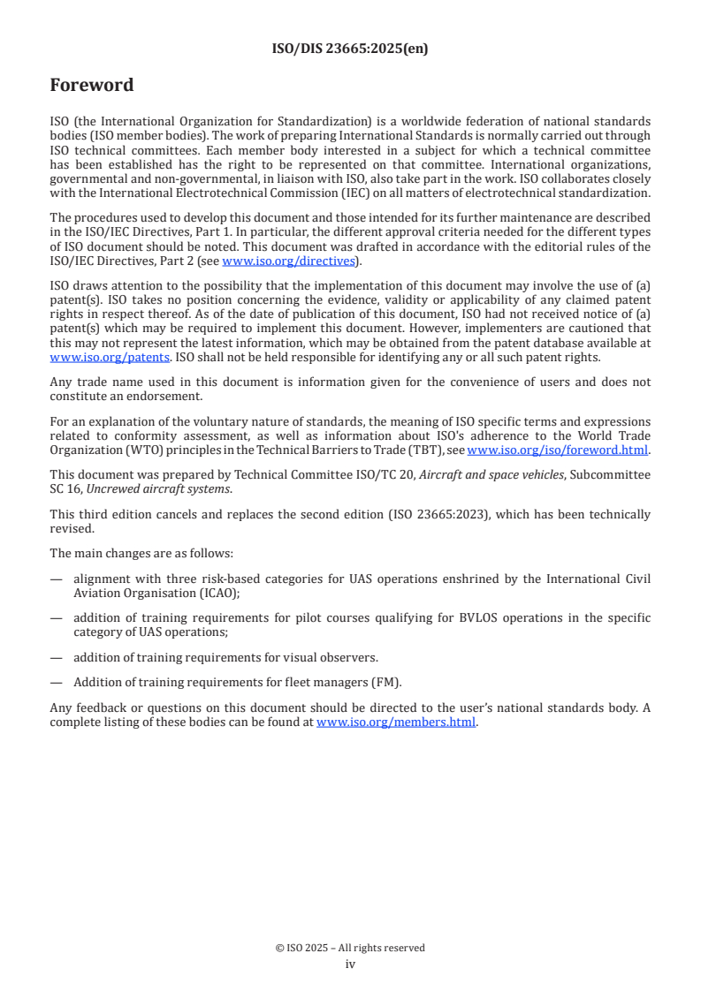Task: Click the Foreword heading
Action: (x=92, y=86)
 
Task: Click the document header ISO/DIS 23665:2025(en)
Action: (x=350, y=49)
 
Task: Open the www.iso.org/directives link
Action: (x=288, y=261)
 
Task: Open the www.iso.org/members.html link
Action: (x=396, y=722)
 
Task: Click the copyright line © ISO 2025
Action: (x=350, y=948)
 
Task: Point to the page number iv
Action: (x=350, y=964)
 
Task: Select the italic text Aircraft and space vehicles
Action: (x=491, y=475)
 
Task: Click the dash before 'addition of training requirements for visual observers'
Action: (x=57, y=656)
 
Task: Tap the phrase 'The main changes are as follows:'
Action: (x=141, y=554)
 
